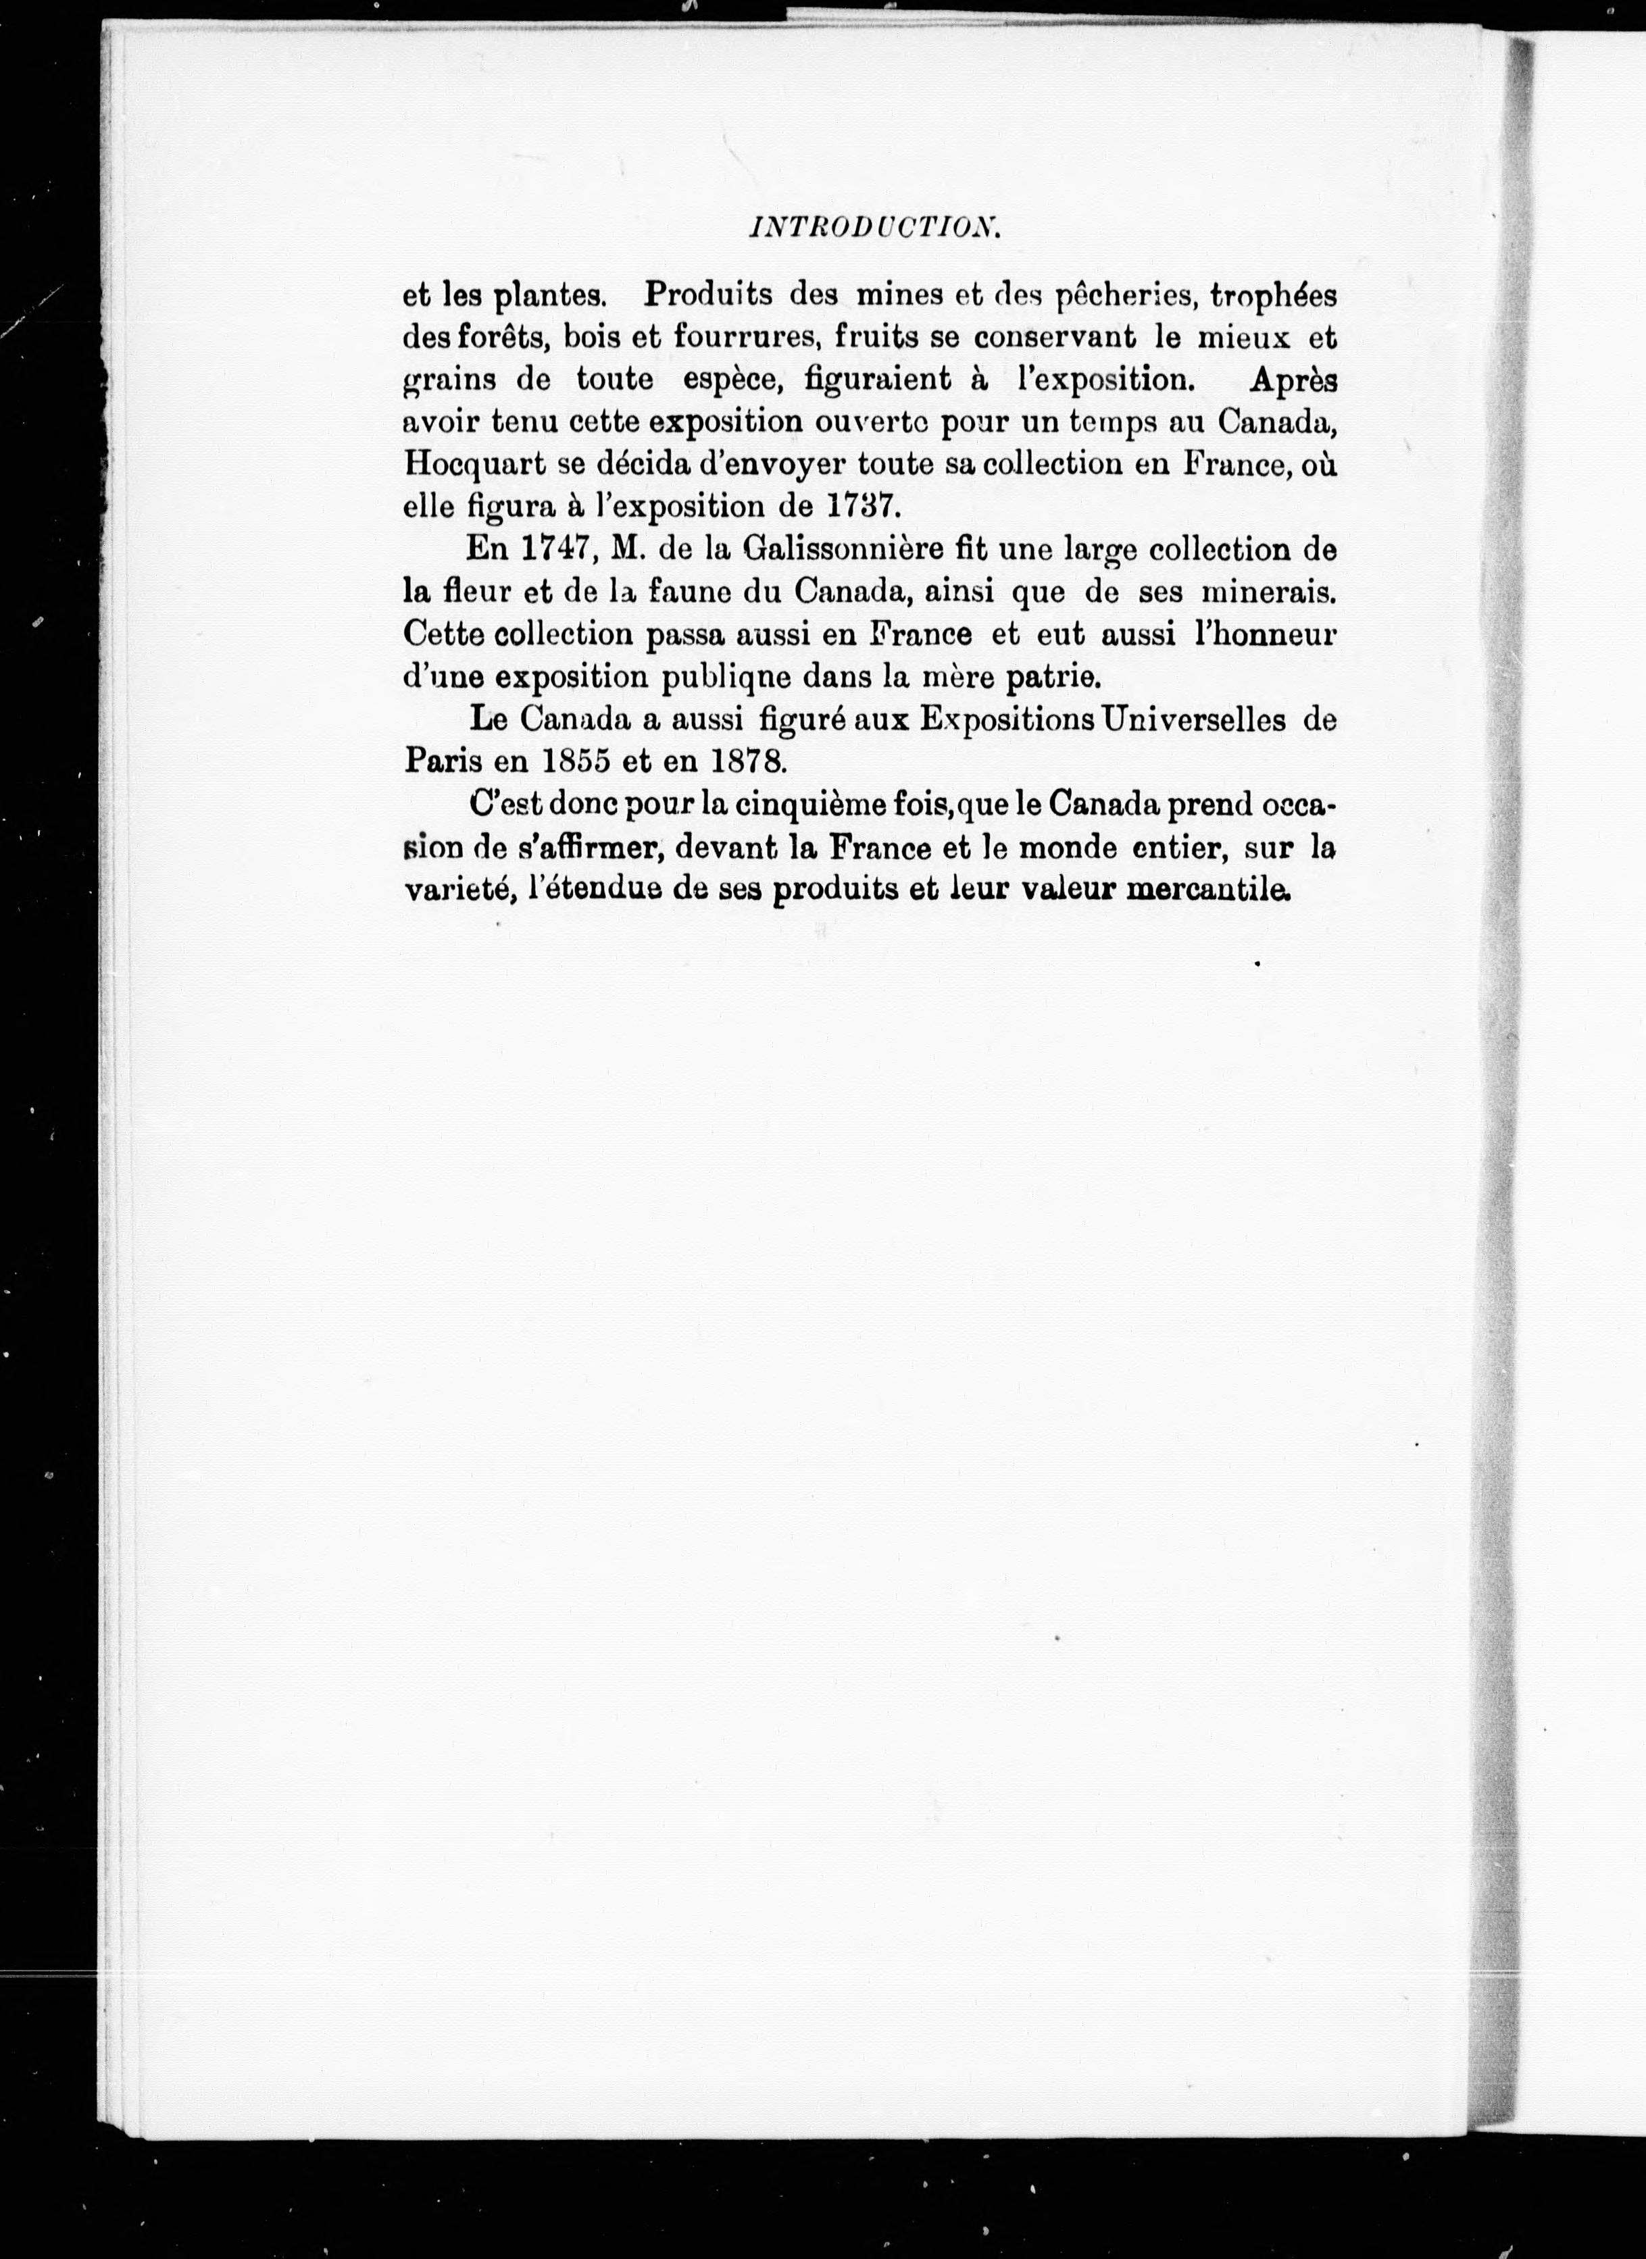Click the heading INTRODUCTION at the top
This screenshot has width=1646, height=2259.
click(x=874, y=228)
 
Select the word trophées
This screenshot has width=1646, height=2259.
click(x=1272, y=296)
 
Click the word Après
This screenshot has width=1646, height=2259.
click(x=1293, y=380)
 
